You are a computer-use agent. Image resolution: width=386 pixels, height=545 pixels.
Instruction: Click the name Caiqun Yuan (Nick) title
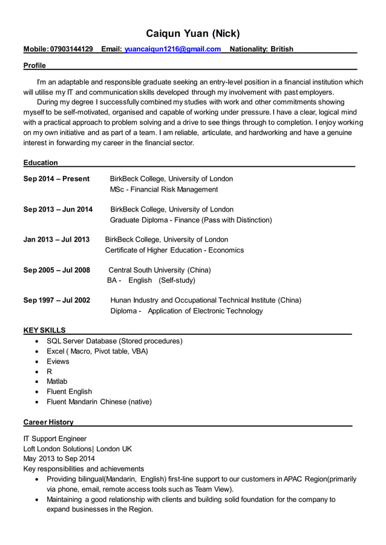pos(193,33)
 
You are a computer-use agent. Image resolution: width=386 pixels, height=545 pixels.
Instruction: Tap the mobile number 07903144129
pos(71,49)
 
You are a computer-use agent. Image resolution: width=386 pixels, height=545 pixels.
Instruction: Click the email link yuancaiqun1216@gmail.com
pos(172,49)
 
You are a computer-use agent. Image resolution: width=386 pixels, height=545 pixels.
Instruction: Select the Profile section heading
pos(34,65)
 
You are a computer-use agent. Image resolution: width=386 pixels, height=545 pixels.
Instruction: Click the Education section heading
pos(41,163)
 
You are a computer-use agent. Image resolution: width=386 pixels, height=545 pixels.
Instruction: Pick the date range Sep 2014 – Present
pos(56,179)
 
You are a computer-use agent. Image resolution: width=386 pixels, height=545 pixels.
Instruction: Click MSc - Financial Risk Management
pos(163,190)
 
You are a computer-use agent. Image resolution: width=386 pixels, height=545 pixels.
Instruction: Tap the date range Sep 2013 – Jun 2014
pos(58,210)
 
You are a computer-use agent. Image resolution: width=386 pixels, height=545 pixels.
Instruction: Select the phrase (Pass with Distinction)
pos(238,220)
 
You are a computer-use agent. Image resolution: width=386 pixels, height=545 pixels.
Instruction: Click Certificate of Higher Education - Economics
pos(174,250)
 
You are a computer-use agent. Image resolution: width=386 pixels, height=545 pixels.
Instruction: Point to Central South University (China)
pos(159,270)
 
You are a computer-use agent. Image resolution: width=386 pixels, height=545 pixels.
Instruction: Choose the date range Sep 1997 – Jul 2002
pos(57,300)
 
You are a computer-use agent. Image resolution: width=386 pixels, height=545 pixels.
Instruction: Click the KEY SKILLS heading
pos(44,331)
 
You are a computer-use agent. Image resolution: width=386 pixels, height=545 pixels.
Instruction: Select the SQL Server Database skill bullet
pos(114,341)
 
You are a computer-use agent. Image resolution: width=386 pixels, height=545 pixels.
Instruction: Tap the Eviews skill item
pos(58,361)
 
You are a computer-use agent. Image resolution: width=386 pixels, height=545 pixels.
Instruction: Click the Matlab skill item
pos(57,381)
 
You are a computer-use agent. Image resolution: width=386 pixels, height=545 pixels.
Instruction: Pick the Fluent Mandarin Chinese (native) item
pos(99,402)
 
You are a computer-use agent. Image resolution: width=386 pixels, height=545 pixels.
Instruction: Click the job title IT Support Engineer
pos(54,439)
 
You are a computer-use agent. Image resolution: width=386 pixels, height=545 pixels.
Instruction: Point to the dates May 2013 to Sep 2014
pos(59,459)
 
